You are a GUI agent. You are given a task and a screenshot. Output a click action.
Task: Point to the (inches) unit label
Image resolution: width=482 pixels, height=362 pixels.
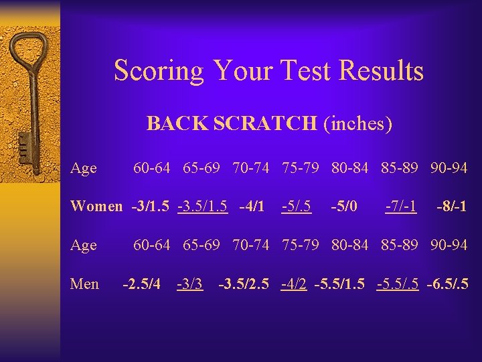357,124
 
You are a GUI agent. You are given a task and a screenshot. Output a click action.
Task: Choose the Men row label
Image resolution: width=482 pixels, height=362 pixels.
84,284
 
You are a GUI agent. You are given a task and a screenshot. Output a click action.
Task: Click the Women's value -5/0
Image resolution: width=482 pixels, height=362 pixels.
345,206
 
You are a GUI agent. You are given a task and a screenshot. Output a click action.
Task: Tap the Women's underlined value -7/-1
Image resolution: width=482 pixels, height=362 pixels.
400,206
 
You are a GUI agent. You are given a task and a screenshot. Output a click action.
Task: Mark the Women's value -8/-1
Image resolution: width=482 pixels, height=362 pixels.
451,206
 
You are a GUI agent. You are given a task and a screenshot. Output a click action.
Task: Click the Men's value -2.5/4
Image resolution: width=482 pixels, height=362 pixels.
141,284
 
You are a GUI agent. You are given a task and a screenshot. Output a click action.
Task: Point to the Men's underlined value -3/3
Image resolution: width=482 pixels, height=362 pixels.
189,284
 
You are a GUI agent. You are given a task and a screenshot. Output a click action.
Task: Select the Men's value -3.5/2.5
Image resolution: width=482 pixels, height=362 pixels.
244,284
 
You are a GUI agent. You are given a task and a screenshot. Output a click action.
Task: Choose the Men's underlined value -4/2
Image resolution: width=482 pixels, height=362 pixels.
295,284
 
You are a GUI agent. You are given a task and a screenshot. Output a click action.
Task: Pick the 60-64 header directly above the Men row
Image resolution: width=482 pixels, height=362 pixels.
153,245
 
